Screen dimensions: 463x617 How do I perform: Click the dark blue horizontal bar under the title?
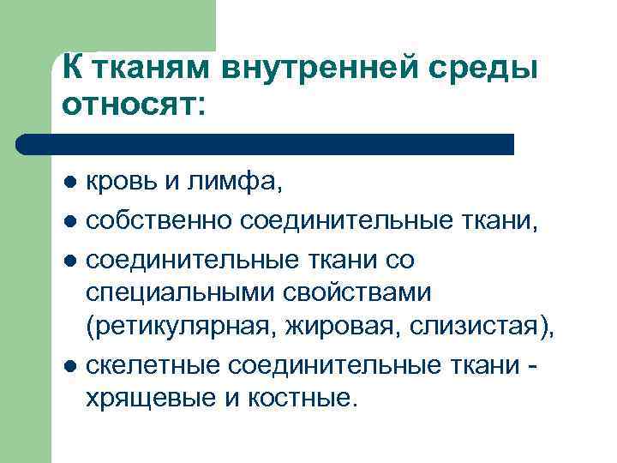point(266,144)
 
